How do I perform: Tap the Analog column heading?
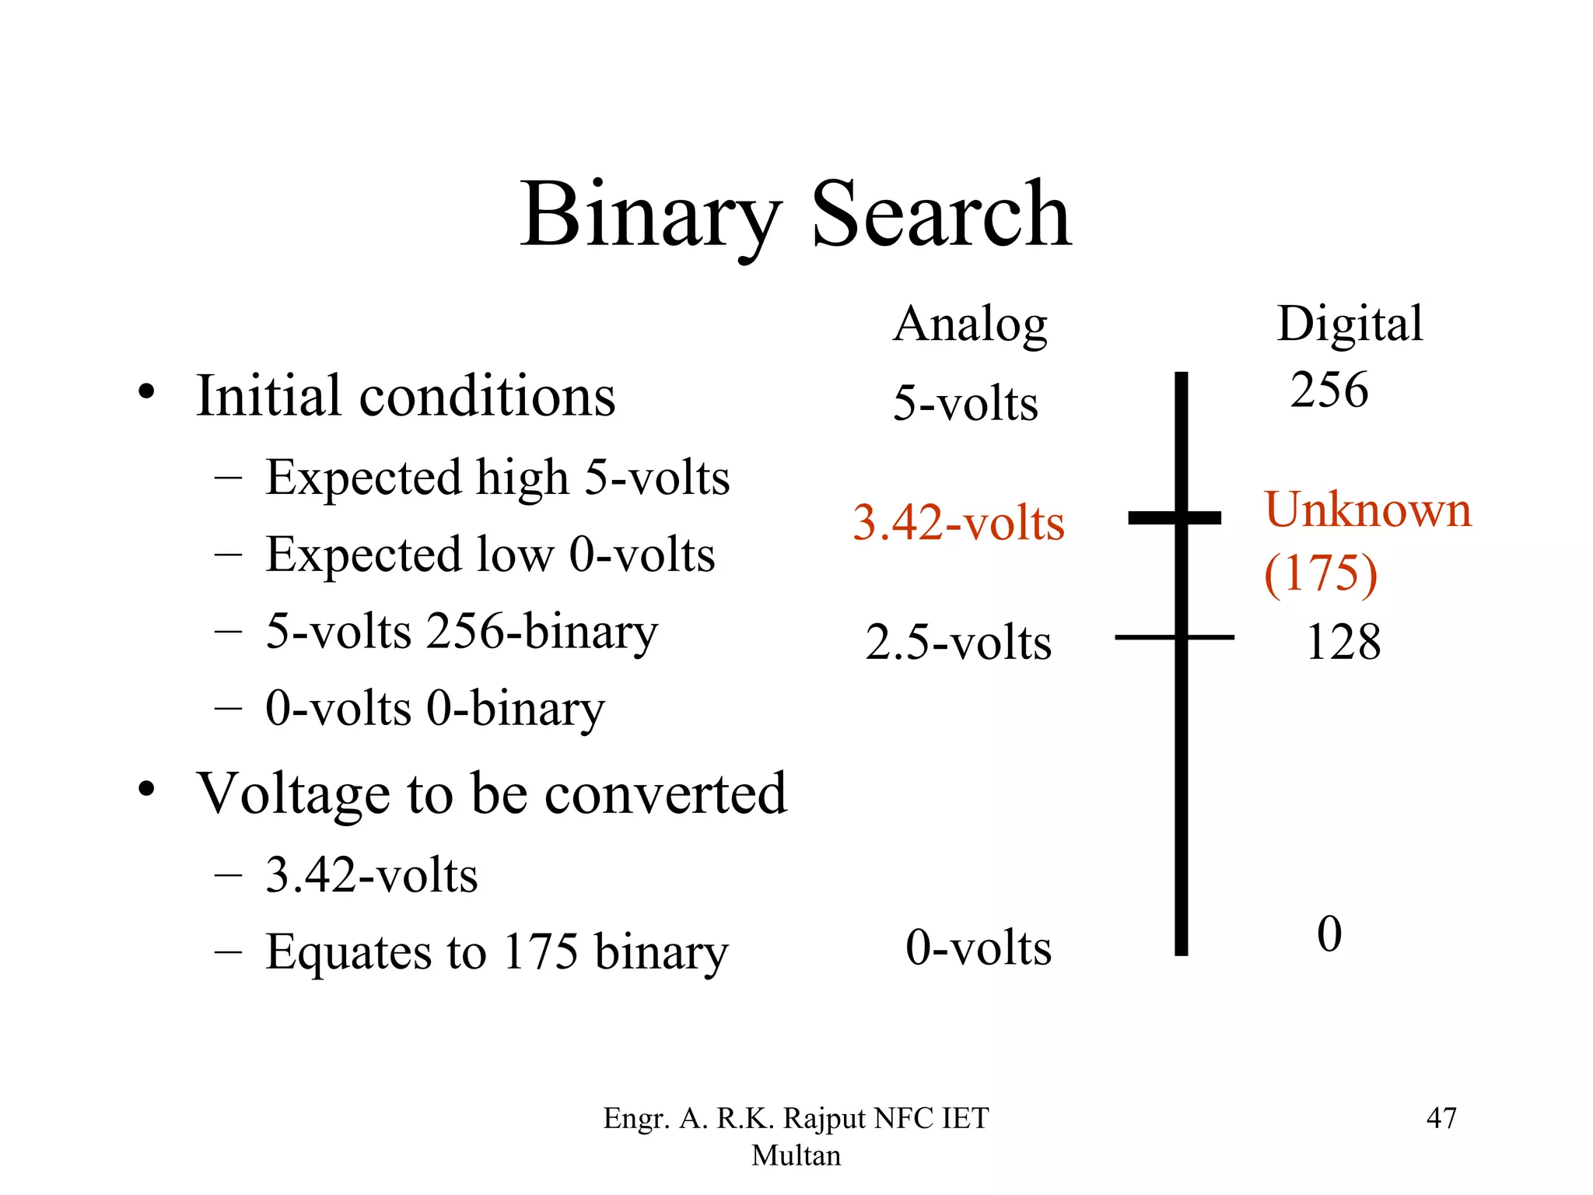tap(970, 324)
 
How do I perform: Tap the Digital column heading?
tap(1350, 324)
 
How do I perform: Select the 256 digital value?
tap(1329, 390)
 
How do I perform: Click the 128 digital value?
tap(1343, 643)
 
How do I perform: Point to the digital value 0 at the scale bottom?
tap(1329, 934)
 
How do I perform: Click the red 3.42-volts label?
tap(958, 523)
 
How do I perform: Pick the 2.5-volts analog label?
tap(958, 643)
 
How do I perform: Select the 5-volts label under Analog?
tap(965, 404)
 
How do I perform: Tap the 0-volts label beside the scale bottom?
tap(979, 948)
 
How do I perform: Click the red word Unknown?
tap(1367, 510)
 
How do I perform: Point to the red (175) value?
tap(1321, 574)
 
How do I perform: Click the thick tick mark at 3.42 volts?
tap(1175, 517)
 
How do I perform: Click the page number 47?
tap(1441, 1118)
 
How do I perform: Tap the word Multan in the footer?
tap(796, 1155)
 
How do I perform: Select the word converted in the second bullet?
tap(666, 794)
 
